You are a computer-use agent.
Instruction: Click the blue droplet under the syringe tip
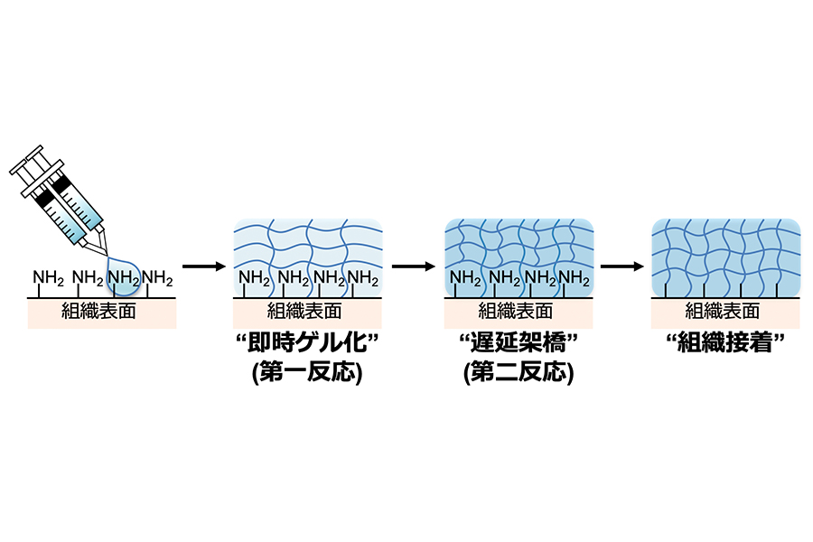click(123, 276)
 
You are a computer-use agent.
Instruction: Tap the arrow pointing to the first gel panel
click(204, 266)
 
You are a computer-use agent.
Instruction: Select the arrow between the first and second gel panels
click(413, 266)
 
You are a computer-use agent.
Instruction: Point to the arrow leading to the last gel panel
click(622, 266)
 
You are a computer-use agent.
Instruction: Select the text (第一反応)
click(307, 372)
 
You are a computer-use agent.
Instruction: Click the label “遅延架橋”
click(519, 342)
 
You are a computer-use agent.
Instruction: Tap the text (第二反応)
click(519, 372)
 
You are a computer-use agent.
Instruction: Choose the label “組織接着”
click(725, 342)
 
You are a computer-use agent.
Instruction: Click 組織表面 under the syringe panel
click(98, 311)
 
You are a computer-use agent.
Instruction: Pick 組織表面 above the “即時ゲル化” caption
click(304, 311)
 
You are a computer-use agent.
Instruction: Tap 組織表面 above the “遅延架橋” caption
click(516, 311)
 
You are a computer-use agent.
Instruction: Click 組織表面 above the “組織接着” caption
click(723, 311)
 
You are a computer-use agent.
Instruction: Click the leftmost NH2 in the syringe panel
click(48, 278)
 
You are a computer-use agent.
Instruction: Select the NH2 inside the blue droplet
click(124, 278)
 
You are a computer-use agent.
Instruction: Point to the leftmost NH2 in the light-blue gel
click(254, 278)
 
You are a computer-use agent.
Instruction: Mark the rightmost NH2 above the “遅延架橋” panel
click(574, 278)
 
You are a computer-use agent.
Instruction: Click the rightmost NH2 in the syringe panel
click(157, 278)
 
